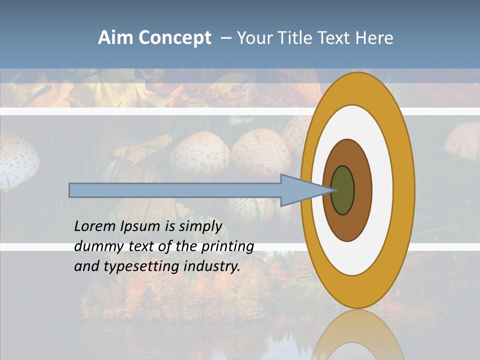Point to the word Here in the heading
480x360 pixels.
[374, 38]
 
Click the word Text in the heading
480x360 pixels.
[335, 38]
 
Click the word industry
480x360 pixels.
[212, 266]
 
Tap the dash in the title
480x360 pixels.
[225, 38]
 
